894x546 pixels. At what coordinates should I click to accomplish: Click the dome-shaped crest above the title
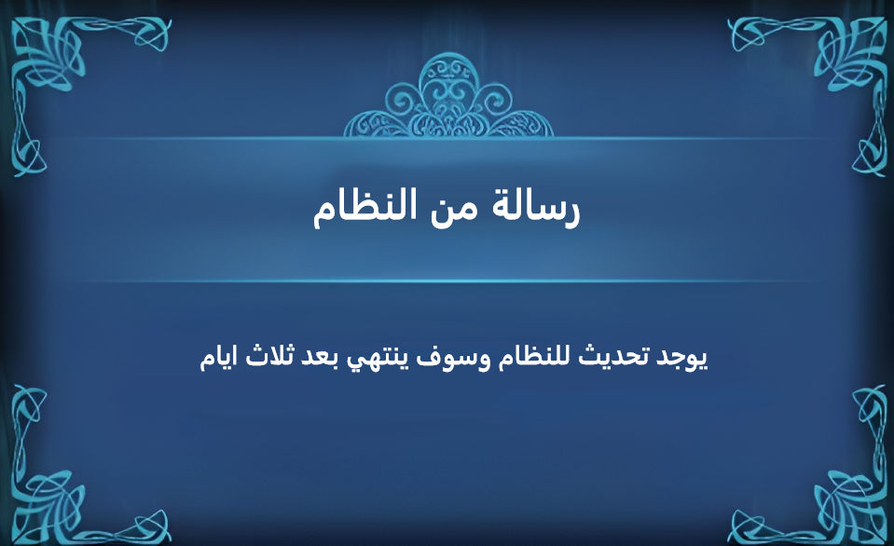pos(448,97)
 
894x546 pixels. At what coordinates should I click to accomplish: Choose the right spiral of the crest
pos(494,102)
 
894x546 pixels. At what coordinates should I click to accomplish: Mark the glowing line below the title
pos(448,281)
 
